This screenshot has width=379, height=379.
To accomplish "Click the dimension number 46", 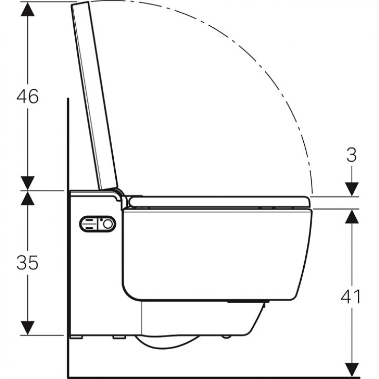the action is coord(27,96).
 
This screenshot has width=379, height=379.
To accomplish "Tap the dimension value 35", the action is coord(27,262).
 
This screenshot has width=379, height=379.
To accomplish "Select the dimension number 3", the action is coord(351,155).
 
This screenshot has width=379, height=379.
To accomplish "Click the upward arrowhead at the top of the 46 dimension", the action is coord(28,9).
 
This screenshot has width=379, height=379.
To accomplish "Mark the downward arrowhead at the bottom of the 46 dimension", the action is coord(28,183).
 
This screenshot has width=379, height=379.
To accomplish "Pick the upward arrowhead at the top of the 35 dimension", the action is coord(28,198).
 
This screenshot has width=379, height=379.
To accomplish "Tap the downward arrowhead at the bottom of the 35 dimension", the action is coord(28,328).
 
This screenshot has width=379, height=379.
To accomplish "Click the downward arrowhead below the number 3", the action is coord(352,189).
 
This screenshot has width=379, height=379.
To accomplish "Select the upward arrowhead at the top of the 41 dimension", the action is coord(352,217).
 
